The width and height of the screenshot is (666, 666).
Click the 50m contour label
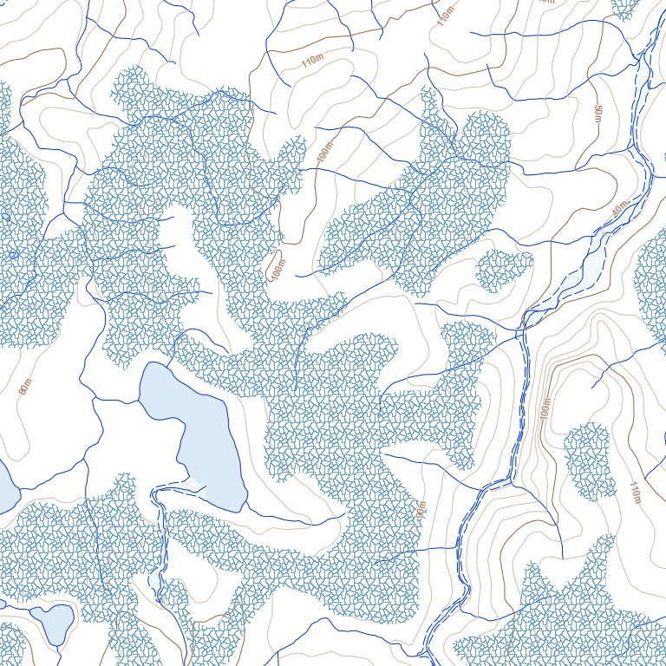coord(597,114)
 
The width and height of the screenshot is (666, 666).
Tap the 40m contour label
coord(618,209)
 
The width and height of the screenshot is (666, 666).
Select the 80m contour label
coord(24,385)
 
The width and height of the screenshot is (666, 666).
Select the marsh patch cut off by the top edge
coord(624,7)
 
